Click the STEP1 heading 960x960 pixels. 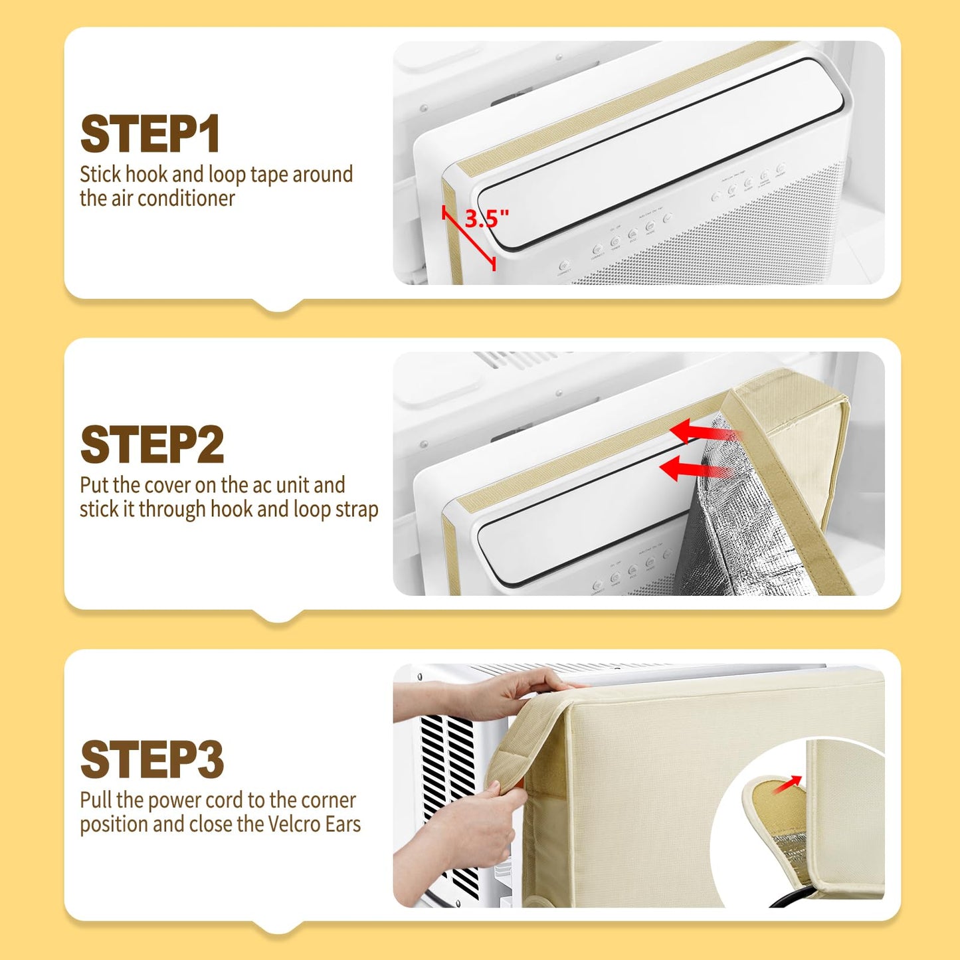[149, 134]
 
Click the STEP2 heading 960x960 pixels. [152, 444]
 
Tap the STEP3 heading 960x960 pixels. [152, 759]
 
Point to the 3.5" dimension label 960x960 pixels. [486, 218]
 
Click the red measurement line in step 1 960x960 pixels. [469, 238]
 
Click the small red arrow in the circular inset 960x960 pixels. [788, 784]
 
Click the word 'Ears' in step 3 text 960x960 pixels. [343, 824]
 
